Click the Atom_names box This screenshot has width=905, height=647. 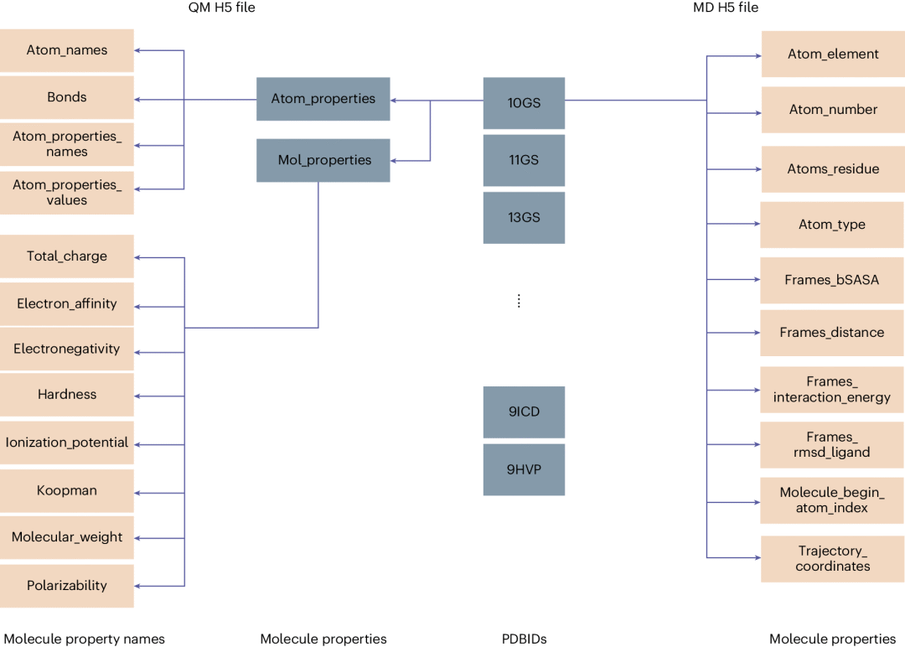[x=67, y=50]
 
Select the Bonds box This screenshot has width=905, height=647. [x=67, y=97]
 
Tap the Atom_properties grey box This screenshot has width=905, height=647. [x=323, y=99]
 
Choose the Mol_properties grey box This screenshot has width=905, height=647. [x=323, y=160]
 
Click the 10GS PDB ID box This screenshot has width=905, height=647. [x=524, y=103]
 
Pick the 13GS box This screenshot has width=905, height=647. [x=524, y=217]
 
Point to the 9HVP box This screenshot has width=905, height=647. [x=524, y=469]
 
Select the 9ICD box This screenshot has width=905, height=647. [x=524, y=411]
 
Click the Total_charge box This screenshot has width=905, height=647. [x=67, y=256]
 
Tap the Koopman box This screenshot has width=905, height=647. [x=67, y=490]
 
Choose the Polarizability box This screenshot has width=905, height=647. [x=67, y=586]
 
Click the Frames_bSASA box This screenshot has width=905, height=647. [x=832, y=280]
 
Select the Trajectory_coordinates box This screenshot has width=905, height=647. [x=832, y=559]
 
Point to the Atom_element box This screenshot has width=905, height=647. [x=832, y=54]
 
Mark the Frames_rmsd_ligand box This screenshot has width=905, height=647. [x=832, y=445]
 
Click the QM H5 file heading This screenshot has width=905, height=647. [x=221, y=8]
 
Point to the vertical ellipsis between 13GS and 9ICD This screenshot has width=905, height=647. [x=519, y=301]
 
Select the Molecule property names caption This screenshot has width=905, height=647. [x=85, y=639]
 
